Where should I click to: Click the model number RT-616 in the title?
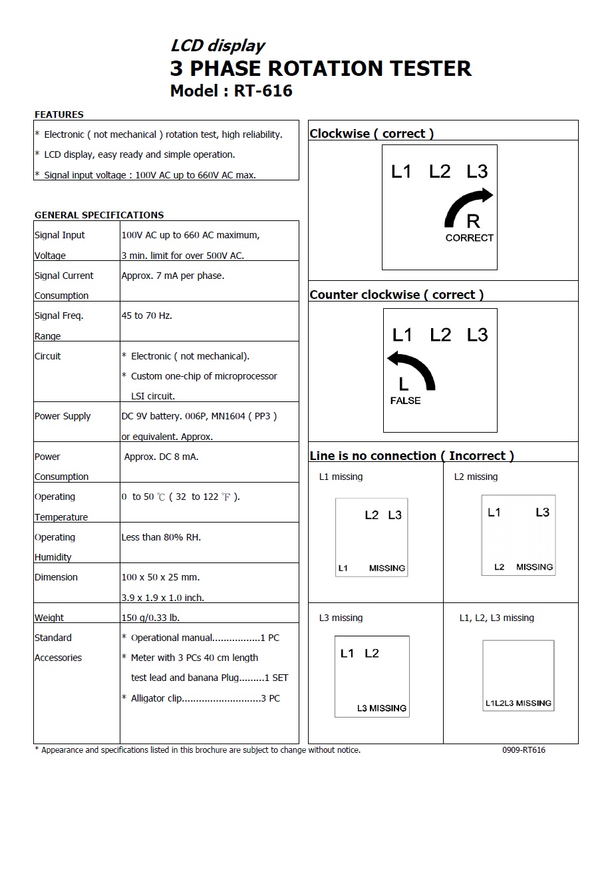click(263, 91)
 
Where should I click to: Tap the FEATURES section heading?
click(59, 114)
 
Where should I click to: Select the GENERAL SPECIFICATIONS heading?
click(99, 215)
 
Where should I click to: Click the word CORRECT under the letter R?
click(470, 238)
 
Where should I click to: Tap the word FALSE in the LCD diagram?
click(405, 401)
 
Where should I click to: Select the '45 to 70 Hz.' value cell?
click(147, 316)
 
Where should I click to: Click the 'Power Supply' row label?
click(63, 416)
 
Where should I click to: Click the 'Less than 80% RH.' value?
click(161, 537)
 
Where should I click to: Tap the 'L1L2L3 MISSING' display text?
click(518, 703)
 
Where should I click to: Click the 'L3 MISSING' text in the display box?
click(382, 708)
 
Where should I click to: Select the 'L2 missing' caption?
click(476, 477)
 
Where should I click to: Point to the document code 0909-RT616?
click(524, 750)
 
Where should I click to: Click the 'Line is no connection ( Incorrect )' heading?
click(412, 456)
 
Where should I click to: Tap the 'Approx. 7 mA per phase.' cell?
click(173, 276)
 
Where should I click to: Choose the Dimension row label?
click(56, 577)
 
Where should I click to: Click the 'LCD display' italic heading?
click(218, 46)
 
